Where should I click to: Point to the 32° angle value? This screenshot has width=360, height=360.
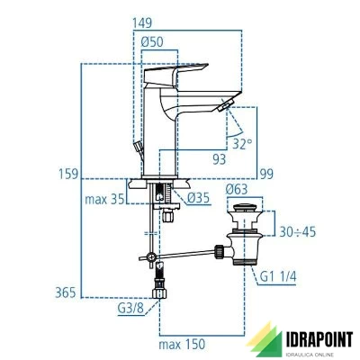[242, 141]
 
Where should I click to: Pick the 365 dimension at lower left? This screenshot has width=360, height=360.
[67, 292]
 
